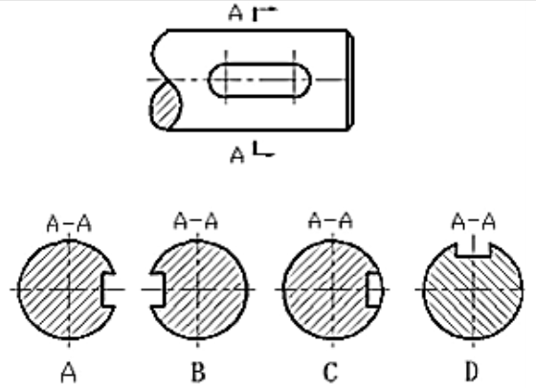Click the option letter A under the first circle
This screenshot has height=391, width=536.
pyautogui.click(x=69, y=373)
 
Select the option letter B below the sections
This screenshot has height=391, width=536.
pyautogui.click(x=198, y=373)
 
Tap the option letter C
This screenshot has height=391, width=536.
pyautogui.click(x=330, y=373)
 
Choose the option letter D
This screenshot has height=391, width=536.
pyautogui.click(x=472, y=372)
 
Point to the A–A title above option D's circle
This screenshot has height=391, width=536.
pyautogui.click(x=474, y=221)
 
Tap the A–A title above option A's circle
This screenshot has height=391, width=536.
pyautogui.click(x=69, y=224)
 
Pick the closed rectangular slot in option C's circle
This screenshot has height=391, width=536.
pyautogui.click(x=374, y=289)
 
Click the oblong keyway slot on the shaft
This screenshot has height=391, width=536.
pyautogui.click(x=260, y=80)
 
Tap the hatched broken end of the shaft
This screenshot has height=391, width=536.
pyautogui.click(x=166, y=106)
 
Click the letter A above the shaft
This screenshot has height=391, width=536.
pyautogui.click(x=235, y=12)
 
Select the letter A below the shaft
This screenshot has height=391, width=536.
pyautogui.click(x=237, y=155)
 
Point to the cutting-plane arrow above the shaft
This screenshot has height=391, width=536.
pyautogui.click(x=264, y=13)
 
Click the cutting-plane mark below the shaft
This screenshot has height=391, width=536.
pyautogui.click(x=263, y=149)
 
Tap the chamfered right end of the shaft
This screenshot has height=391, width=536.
pyautogui.click(x=350, y=80)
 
